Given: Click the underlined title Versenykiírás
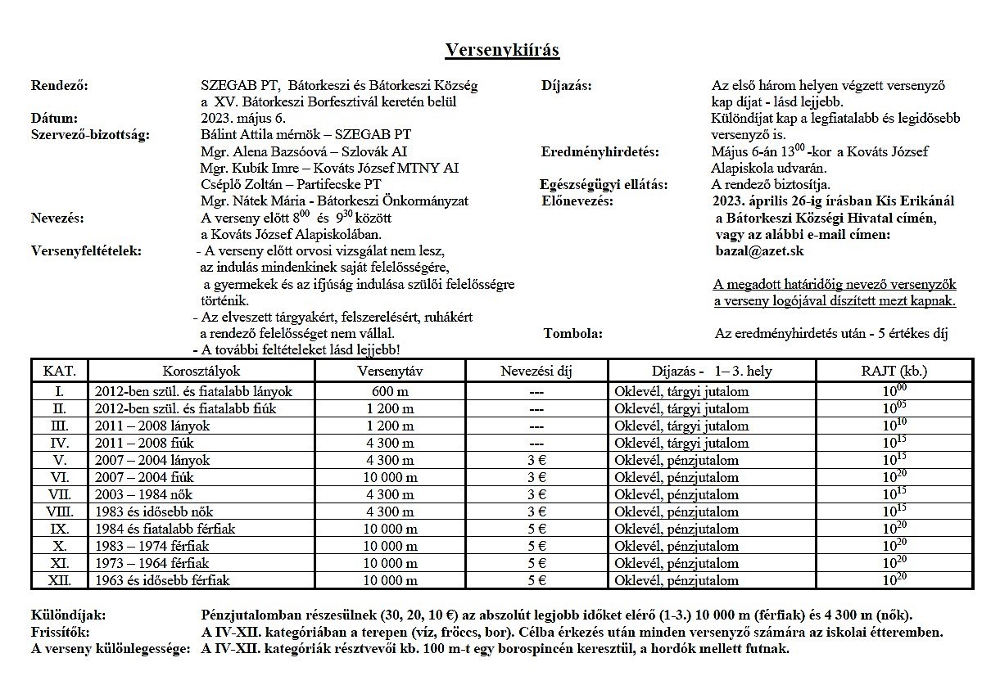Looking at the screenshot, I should coord(502,51).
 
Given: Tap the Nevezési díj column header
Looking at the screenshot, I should coord(536,371).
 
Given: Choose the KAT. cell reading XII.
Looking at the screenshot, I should coord(60,580).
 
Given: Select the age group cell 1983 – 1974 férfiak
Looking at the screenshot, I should coord(152,546).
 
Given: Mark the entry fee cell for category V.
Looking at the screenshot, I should coord(536,460).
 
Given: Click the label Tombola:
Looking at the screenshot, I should coord(573,333).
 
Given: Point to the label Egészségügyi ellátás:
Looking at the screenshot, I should coord(604,184).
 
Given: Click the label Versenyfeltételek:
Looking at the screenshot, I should coord(86,250).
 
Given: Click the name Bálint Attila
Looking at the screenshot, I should coord(238,134).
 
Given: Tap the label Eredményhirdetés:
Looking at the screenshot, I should coord(600,151).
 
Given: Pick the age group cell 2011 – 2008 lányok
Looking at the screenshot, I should coord(152,426).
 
